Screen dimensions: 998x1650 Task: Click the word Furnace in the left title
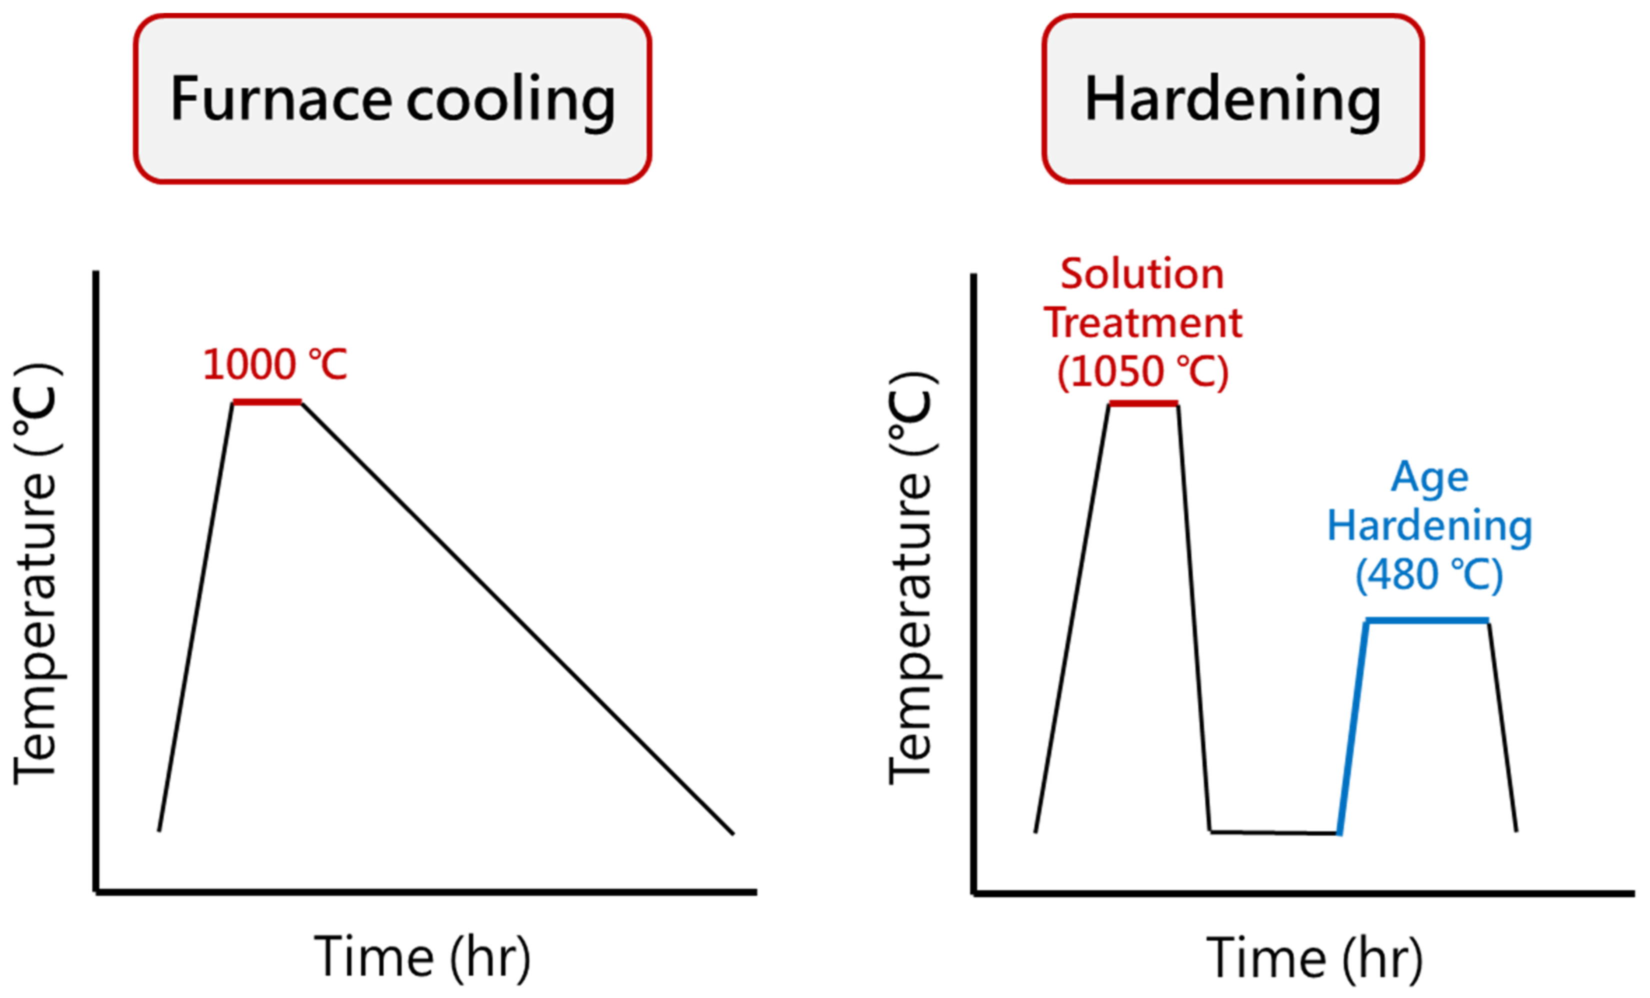280,99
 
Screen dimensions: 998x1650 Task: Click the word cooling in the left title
510,100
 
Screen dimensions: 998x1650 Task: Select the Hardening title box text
1232,99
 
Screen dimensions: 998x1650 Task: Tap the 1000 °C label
274,365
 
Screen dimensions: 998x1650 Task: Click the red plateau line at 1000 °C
267,402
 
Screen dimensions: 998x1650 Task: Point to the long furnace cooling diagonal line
517,617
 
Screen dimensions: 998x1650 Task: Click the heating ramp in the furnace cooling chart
195,616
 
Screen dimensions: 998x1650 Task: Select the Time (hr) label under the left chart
422,958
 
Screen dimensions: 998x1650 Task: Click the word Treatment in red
1142,323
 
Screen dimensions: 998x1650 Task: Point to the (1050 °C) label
1142,371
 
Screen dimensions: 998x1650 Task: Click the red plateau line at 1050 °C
1143,404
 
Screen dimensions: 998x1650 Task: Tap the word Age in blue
1429,477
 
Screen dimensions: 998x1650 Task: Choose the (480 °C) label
1429,574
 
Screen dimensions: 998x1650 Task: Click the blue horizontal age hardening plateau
1426,621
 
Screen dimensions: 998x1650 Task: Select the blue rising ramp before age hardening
1352,726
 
